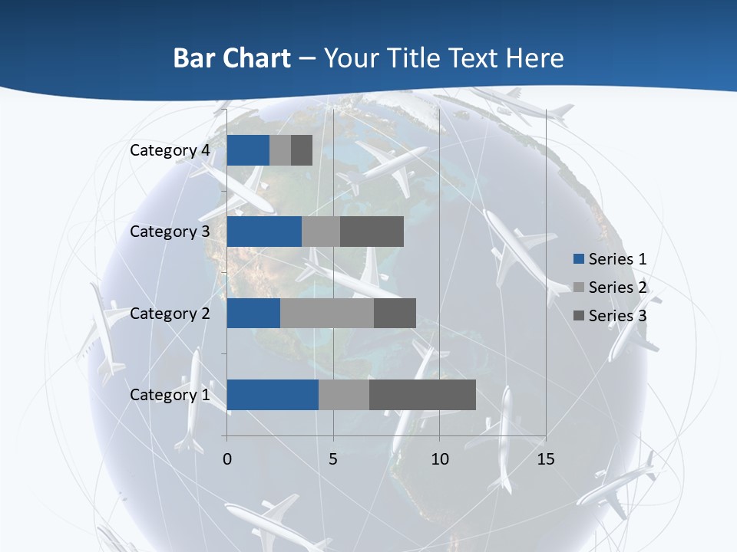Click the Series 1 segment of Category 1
(x=273, y=395)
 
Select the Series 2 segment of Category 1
(x=343, y=395)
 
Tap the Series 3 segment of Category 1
(x=422, y=395)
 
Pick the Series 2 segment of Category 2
(x=327, y=313)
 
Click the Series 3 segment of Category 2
(x=395, y=313)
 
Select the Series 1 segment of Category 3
(x=264, y=232)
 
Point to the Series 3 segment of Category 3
(x=372, y=232)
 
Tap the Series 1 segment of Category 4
(x=248, y=150)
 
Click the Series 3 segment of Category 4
(x=302, y=150)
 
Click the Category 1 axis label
(x=170, y=395)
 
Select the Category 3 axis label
(x=170, y=232)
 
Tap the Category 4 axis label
(x=170, y=150)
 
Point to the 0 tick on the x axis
(x=227, y=459)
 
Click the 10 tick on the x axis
(x=439, y=459)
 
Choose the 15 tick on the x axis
(x=546, y=459)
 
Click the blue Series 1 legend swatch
(x=579, y=259)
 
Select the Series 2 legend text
(x=617, y=287)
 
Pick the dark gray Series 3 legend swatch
(x=579, y=316)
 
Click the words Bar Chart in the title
(x=231, y=58)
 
